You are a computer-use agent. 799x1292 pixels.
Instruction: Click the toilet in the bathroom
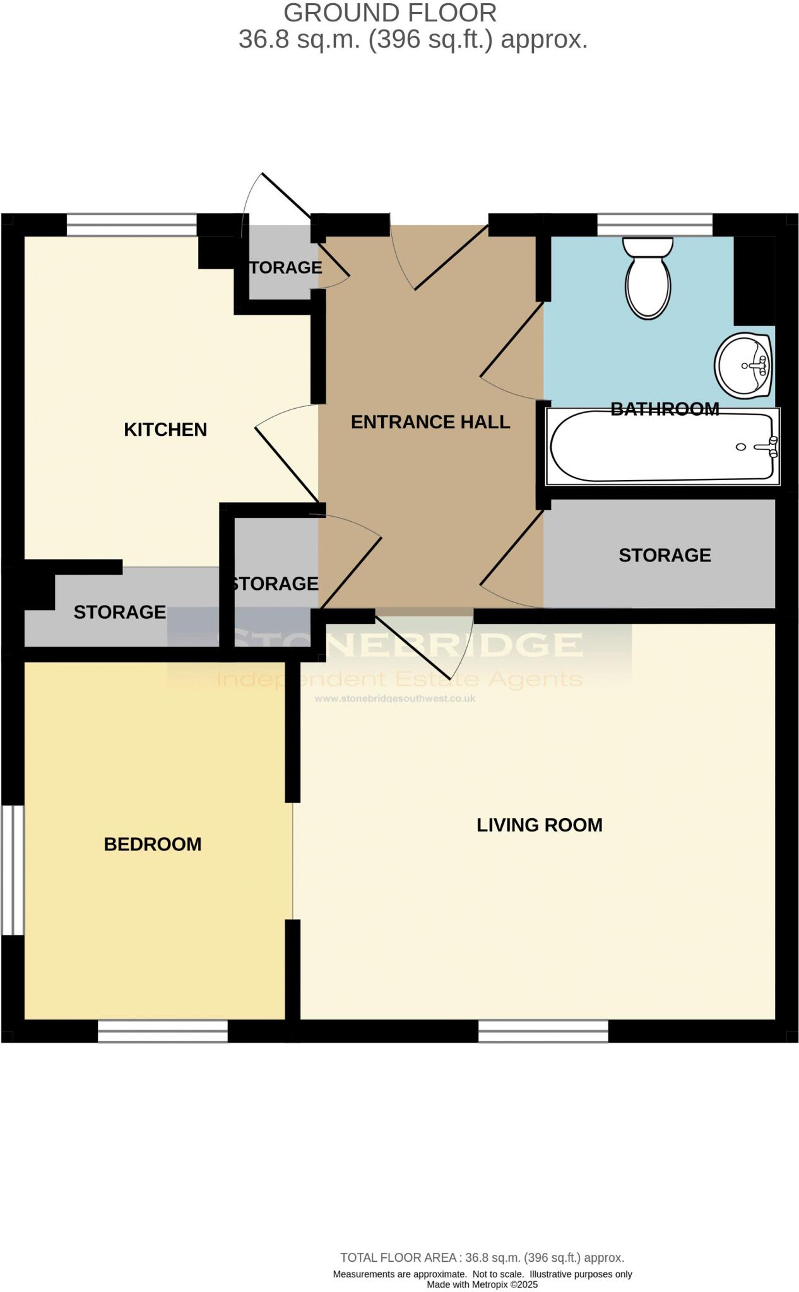[648, 281]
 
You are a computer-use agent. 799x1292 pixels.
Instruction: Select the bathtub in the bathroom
[662, 447]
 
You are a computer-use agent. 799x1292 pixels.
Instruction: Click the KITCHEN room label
[165, 430]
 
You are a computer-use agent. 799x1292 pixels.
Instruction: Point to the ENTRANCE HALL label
[430, 422]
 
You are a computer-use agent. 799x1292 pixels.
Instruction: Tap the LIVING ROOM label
[539, 825]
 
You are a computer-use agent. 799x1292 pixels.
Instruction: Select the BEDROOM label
[153, 844]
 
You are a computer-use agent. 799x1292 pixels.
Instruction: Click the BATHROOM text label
[665, 409]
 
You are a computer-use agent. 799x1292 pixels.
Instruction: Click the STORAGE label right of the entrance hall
[665, 555]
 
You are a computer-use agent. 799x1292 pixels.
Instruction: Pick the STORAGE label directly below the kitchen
[119, 612]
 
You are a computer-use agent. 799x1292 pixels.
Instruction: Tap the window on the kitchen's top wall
[132, 225]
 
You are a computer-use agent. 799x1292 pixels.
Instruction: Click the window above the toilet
[654, 225]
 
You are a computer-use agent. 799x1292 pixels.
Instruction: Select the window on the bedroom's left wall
[12, 870]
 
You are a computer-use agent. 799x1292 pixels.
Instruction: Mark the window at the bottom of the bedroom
[163, 1031]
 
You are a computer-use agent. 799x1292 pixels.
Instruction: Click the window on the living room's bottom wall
[543, 1031]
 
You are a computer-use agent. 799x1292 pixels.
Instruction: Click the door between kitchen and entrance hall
[287, 454]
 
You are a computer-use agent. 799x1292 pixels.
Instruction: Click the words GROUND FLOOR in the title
[389, 13]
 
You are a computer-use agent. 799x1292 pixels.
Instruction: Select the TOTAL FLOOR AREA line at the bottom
[482, 1258]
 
